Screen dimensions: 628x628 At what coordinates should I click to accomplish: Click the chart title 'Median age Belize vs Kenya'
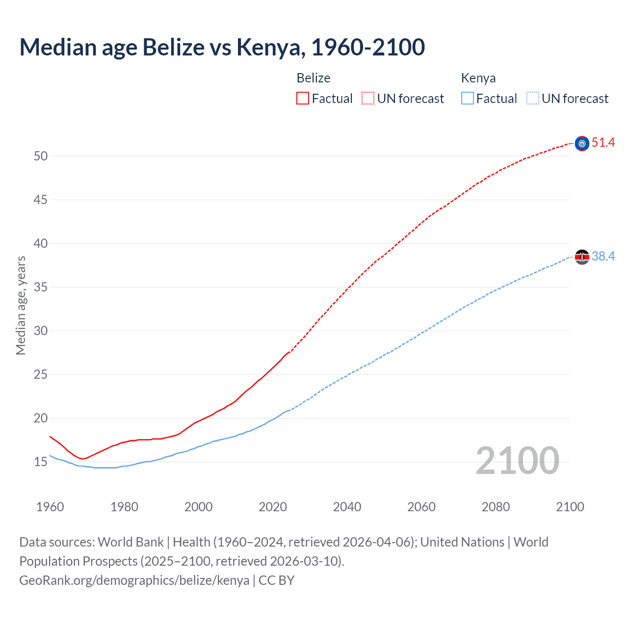click(x=222, y=48)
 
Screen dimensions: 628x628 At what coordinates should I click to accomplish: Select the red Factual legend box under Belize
click(x=303, y=99)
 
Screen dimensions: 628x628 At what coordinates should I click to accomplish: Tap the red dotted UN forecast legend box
click(x=368, y=99)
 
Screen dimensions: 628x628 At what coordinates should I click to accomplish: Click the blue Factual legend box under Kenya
click(x=467, y=99)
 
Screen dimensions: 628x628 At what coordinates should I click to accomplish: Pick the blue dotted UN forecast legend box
click(x=532, y=99)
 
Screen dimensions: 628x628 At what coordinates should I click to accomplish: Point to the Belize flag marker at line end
click(x=582, y=143)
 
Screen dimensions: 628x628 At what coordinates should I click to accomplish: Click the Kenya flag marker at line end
click(x=582, y=257)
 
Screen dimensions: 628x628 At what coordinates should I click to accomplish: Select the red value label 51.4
click(x=603, y=143)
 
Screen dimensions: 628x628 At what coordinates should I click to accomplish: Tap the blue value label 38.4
click(x=603, y=257)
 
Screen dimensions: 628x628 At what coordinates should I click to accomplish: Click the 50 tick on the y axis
click(x=41, y=157)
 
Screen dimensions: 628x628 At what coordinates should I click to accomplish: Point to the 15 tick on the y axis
click(x=41, y=462)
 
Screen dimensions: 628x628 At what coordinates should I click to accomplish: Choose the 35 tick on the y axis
click(x=41, y=288)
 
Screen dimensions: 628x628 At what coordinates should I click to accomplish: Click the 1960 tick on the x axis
click(x=50, y=507)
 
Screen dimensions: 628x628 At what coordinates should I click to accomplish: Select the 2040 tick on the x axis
click(x=347, y=507)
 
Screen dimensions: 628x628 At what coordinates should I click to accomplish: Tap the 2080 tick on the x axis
click(x=496, y=507)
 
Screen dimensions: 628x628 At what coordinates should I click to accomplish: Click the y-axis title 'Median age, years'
click(x=21, y=305)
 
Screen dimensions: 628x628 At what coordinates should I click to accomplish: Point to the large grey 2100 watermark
click(x=517, y=461)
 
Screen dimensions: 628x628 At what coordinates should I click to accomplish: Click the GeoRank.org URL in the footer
click(x=134, y=580)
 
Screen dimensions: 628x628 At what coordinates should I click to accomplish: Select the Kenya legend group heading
click(x=478, y=78)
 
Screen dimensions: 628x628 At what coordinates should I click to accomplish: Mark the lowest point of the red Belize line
click(x=83, y=459)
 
